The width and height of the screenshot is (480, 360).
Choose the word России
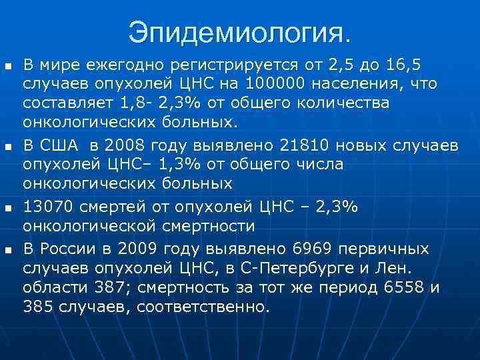tap(71, 249)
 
